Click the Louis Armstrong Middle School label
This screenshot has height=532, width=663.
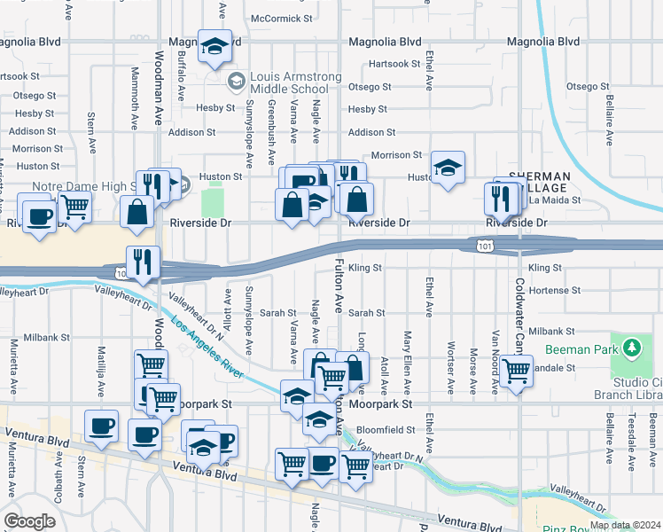[x=295, y=82]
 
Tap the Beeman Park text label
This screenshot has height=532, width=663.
[x=581, y=350]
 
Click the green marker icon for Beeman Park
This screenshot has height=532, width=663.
[x=631, y=347]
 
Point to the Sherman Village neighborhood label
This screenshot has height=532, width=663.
[x=537, y=183]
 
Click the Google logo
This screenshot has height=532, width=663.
[x=29, y=521]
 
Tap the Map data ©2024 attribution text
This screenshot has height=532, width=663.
[x=625, y=525]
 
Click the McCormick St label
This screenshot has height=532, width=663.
[x=283, y=18]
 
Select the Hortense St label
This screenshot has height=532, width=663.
[x=553, y=290]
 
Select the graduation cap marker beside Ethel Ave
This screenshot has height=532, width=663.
[x=448, y=167]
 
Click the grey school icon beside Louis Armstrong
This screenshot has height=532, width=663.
[x=237, y=82]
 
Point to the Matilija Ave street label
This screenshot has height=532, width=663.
[x=101, y=372]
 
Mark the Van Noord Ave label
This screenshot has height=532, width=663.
[x=495, y=364]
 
